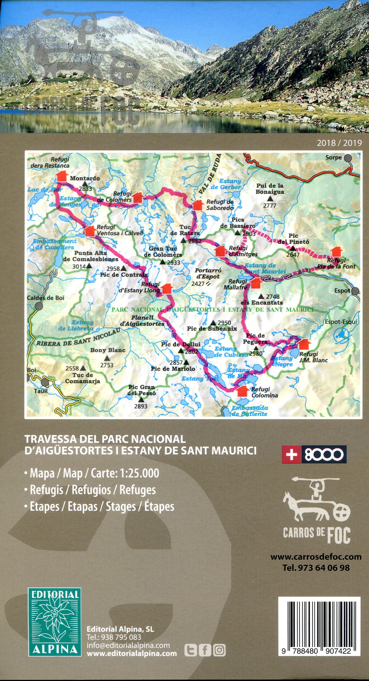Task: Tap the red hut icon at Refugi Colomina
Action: (x=243, y=391)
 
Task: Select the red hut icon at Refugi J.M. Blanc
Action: (x=304, y=344)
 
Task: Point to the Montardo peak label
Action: (x=85, y=178)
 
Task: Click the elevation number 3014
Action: (x=79, y=266)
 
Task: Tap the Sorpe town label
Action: (x=333, y=157)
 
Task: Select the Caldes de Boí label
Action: (x=45, y=298)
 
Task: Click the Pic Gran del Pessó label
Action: (x=141, y=390)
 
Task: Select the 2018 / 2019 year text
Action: (x=339, y=143)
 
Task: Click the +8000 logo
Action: (x=314, y=454)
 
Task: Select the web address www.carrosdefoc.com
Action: (x=316, y=556)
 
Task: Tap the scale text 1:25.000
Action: (x=139, y=473)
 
